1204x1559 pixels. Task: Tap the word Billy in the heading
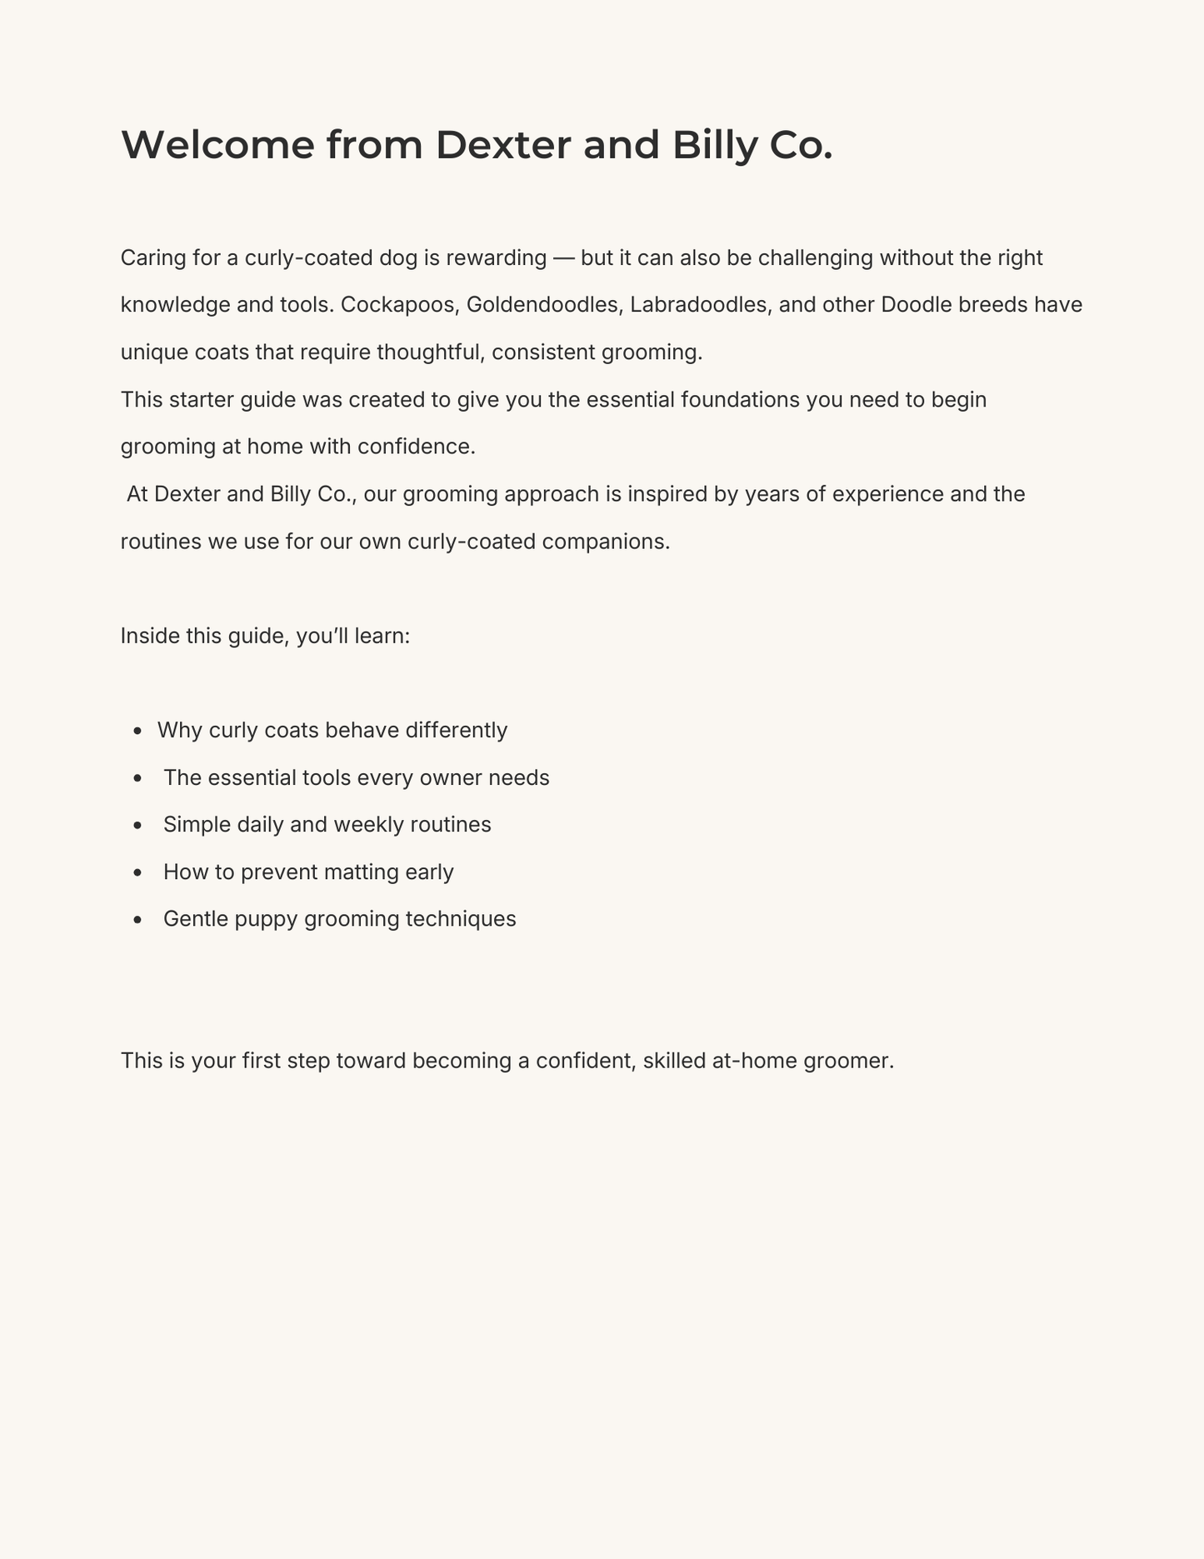tap(716, 145)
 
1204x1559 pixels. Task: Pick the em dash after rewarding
tap(564, 258)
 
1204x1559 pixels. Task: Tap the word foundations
tap(740, 400)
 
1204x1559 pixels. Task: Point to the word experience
tap(888, 494)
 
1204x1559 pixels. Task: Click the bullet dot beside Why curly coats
tap(138, 732)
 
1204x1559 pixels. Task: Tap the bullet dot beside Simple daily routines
tap(138, 826)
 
